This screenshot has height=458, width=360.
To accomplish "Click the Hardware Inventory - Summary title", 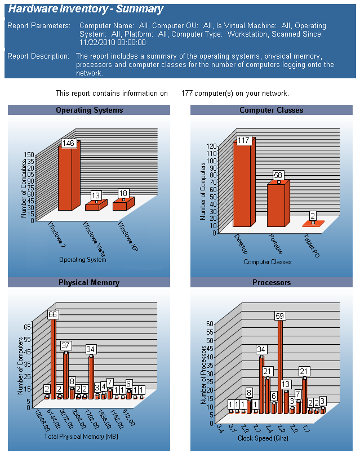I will tap(86, 9).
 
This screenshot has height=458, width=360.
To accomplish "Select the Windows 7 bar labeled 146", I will tap(69, 177).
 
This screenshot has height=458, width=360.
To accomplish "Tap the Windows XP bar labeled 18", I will tap(123, 204).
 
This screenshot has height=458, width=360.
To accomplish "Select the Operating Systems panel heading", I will tap(89, 110).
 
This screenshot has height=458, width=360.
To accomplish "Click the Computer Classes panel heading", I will tap(272, 110).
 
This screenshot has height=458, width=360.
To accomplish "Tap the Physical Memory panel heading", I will tap(89, 282).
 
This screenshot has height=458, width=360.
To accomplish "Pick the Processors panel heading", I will tap(272, 282).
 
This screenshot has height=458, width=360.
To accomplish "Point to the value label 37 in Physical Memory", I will tap(66, 345).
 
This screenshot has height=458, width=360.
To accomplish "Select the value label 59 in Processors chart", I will tap(280, 315).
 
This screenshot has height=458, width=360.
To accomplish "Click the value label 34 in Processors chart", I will tap(261, 350).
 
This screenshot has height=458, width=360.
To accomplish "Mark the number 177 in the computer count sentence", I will tap(188, 93).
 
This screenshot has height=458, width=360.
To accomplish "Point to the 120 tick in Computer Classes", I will tap(211, 146).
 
